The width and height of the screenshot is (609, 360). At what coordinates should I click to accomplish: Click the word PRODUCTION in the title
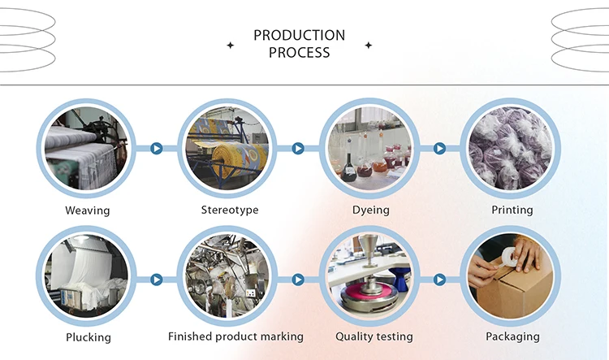coord(299,36)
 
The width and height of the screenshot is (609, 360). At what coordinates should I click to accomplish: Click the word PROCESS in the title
coord(299,53)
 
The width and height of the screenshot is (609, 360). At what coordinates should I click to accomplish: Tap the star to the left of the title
coord(230,46)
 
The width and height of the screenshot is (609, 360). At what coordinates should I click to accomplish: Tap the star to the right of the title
coord(369,46)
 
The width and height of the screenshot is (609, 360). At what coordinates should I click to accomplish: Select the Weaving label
coord(87,210)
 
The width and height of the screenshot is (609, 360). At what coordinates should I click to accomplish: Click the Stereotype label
coord(230,210)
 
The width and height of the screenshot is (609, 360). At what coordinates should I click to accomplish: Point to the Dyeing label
coord(370,210)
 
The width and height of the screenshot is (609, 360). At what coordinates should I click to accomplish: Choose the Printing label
coord(512,210)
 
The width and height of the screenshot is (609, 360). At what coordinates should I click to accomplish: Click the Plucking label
coord(87,336)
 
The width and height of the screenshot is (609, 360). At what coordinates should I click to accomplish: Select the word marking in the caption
coord(277,336)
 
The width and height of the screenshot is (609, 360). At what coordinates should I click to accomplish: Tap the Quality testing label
coord(374,336)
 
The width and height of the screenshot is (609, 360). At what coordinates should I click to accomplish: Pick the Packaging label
coord(512,336)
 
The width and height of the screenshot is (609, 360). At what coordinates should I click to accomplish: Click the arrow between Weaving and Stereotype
coord(157,149)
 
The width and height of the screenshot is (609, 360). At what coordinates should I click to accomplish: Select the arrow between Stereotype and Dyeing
coord(298,149)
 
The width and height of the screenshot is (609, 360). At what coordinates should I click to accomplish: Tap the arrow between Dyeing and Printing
coord(439,149)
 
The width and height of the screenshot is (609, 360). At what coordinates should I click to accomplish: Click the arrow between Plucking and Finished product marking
coord(157,280)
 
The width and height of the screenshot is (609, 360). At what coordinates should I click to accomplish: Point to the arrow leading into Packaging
coord(439,280)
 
